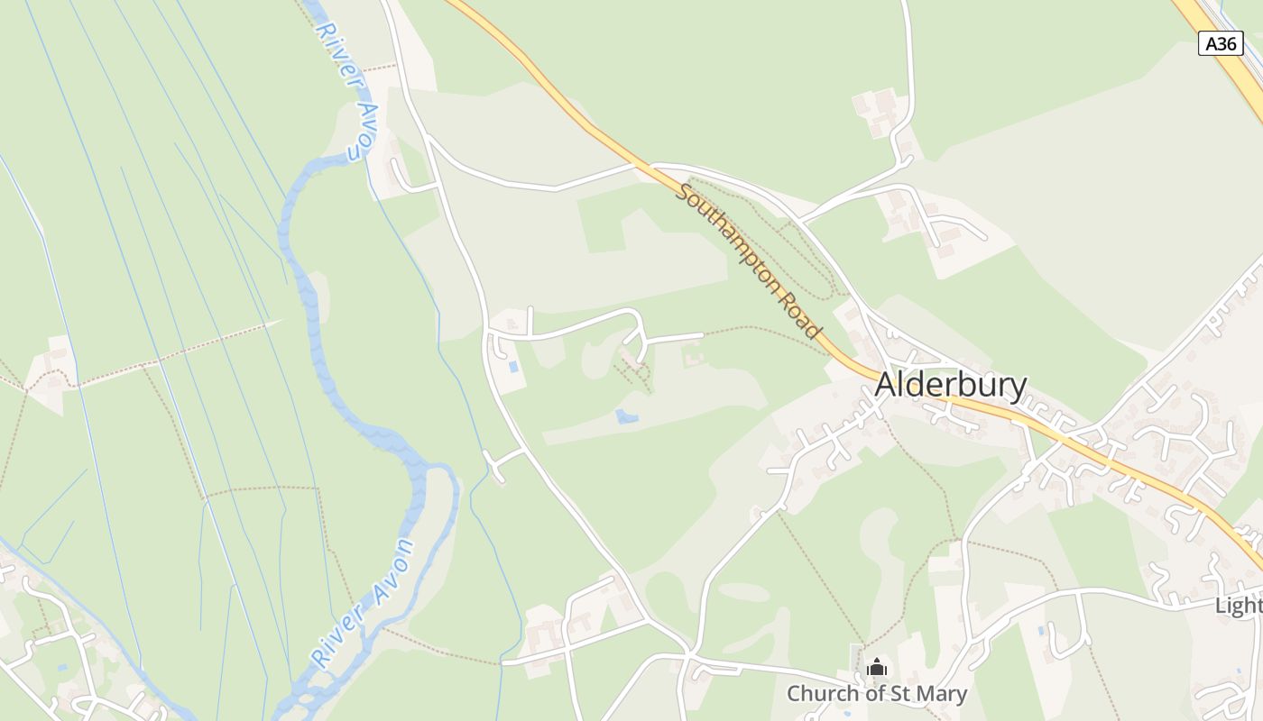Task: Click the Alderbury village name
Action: click(951, 385)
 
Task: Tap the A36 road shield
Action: click(1221, 43)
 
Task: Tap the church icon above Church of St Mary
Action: click(876, 668)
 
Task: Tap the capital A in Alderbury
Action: click(885, 385)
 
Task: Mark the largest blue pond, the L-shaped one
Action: click(625, 416)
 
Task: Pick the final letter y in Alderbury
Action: click(1019, 388)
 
